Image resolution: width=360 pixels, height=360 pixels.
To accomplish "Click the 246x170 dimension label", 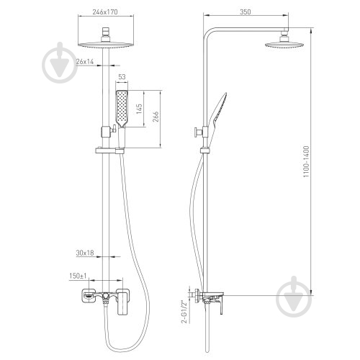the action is pyautogui.click(x=105, y=12).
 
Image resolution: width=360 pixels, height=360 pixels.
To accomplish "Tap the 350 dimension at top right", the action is pyautogui.click(x=246, y=12).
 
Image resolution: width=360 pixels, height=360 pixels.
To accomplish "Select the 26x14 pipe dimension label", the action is pyautogui.click(x=85, y=62).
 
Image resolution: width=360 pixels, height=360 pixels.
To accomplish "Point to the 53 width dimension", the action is pyautogui.click(x=122, y=77).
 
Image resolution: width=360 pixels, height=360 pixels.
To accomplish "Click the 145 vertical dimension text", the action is pyautogui.click(x=139, y=109).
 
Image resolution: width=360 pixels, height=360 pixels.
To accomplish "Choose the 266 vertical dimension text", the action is pyautogui.click(x=156, y=117).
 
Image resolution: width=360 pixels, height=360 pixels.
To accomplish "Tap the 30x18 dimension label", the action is pyautogui.click(x=85, y=253).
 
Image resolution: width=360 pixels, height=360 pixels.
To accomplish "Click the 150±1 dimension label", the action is pyautogui.click(x=78, y=276).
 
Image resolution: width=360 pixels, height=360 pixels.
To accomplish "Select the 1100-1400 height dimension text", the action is pyautogui.click(x=306, y=161).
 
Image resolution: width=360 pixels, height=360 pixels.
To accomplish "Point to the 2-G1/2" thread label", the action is pyautogui.click(x=184, y=312).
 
